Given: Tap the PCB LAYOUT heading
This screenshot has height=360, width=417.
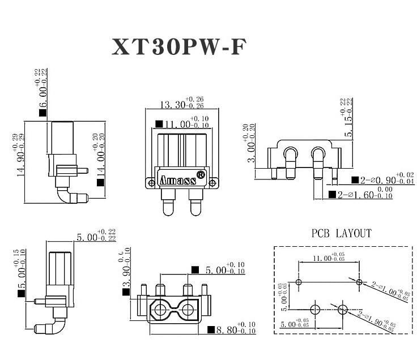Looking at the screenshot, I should click(x=341, y=233).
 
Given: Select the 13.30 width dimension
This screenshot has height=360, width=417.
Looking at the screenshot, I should click(x=173, y=105).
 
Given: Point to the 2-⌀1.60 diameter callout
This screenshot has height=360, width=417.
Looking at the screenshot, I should click(x=358, y=195).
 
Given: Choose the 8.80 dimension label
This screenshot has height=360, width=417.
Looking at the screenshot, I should click(x=227, y=329).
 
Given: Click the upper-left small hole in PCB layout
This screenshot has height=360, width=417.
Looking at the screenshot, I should click(x=299, y=282).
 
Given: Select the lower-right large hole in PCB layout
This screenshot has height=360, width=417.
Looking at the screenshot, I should click(x=343, y=310).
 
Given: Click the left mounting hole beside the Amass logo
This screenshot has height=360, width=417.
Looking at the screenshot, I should click(x=151, y=182).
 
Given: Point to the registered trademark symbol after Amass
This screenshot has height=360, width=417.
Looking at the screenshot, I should click(x=201, y=175).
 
